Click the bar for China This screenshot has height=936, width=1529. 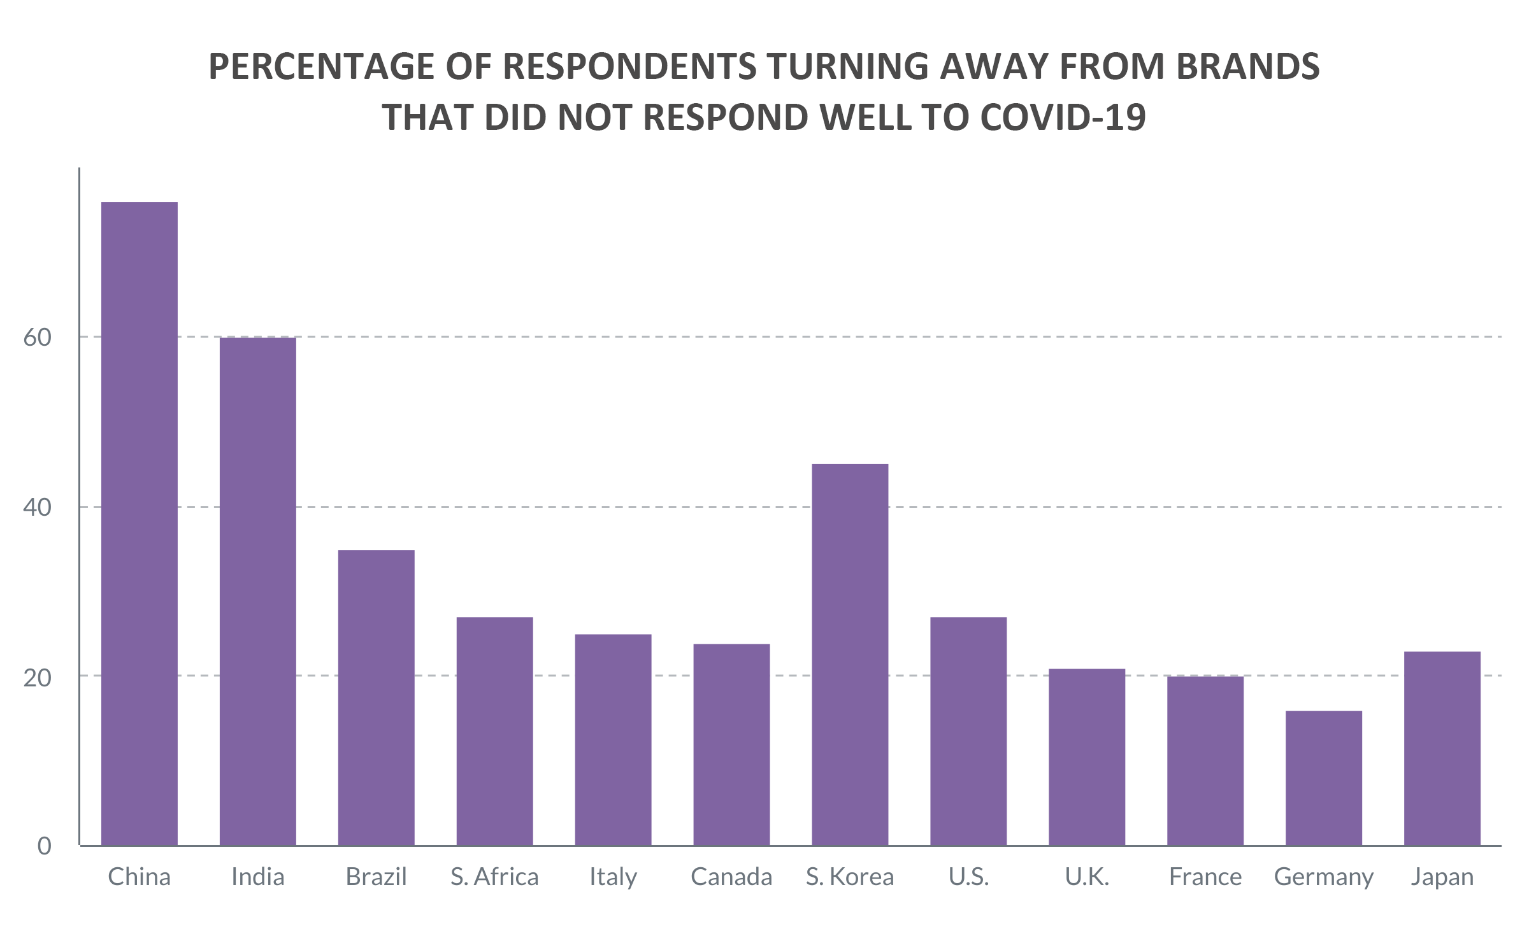tap(140, 523)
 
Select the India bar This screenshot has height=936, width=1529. tap(258, 591)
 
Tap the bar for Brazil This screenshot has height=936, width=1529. tap(377, 697)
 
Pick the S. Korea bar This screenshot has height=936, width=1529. tap(850, 655)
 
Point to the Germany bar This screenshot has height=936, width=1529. tap(1324, 778)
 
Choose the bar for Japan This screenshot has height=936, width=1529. tap(1442, 748)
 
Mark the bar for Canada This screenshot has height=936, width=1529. tap(731, 744)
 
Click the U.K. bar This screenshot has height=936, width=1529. tap(1087, 757)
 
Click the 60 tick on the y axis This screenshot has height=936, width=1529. tap(38, 337)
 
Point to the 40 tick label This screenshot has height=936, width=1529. tap(38, 507)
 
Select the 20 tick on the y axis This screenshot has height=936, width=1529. tap(38, 677)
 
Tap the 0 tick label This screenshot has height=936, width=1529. tap(44, 846)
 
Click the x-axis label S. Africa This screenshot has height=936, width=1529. tap(494, 877)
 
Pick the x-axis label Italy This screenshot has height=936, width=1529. tap(613, 877)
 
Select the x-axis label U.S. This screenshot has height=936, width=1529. tap(968, 877)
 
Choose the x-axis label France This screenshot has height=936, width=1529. tap(1205, 877)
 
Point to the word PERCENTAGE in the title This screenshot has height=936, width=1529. tap(322, 67)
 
